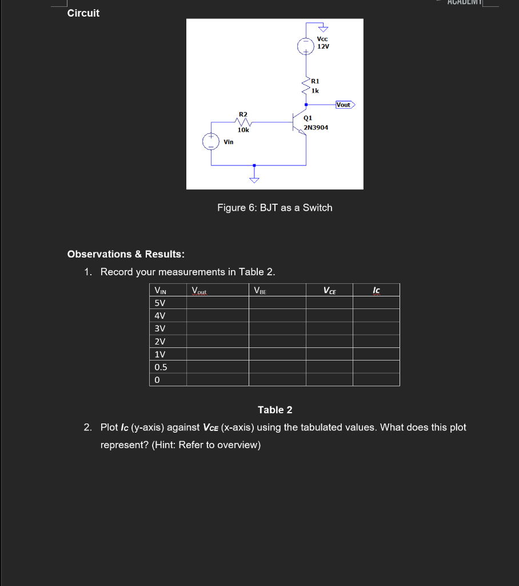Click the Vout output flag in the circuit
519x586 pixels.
pos(344,105)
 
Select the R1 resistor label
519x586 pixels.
pos(316,81)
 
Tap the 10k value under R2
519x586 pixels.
pos(243,130)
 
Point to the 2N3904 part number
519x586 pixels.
pos(316,127)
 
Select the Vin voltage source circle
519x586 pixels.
pos(211,142)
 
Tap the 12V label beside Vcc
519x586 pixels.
pos(324,46)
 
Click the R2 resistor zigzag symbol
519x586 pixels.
pos(243,121)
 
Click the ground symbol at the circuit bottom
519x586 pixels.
pos(254,179)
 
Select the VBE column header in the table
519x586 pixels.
pos(259,291)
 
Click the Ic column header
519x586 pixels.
pos(376,291)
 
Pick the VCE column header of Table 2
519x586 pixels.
pos(330,291)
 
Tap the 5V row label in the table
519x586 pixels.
pos(160,303)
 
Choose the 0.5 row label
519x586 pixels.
pos(161,367)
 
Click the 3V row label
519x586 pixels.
pos(160,328)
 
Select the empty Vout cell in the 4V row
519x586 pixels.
pos(217,316)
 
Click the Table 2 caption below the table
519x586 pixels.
pos(275,410)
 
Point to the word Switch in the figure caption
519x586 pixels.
pos(317,208)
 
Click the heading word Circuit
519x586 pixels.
pos(83,13)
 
